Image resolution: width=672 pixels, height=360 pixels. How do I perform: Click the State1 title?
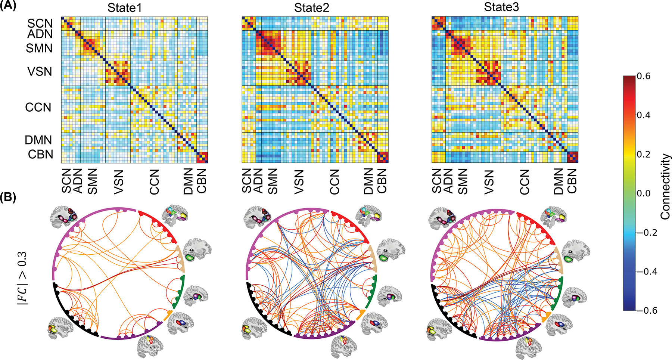pos(124,8)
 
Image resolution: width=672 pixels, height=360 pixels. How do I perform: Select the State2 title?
pos(311,8)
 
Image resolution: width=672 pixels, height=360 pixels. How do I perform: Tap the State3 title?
pos(501,7)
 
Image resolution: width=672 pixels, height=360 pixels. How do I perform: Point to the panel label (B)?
pos(8,198)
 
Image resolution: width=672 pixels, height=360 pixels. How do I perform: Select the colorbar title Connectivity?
pos(665,187)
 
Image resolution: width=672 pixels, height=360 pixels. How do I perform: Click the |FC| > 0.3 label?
pos(22,279)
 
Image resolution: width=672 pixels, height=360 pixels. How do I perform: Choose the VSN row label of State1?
pos(40,72)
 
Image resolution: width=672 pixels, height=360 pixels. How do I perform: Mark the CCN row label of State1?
pos(38,108)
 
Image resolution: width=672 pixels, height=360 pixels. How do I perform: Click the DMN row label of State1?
pos(38,140)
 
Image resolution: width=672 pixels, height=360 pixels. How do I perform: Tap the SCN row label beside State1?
pos(40,23)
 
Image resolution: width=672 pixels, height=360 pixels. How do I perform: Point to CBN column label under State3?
pos(572,181)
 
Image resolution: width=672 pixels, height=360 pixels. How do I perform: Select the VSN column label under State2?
pos(299,182)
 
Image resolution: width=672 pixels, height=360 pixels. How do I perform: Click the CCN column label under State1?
pos(154,182)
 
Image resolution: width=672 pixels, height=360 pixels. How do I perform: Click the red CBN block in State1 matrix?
pos(202,158)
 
